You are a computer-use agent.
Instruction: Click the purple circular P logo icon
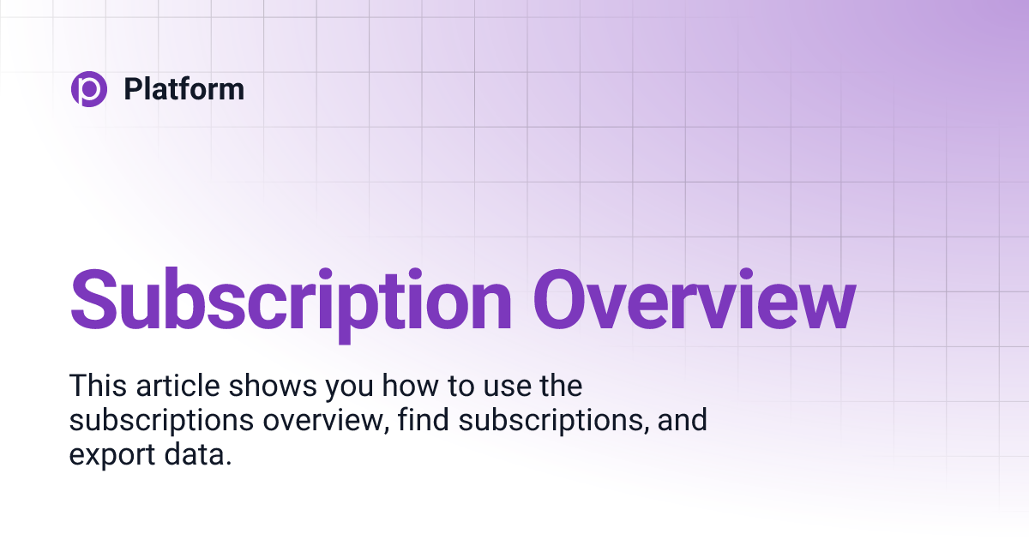(x=88, y=89)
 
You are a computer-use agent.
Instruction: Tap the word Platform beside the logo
(x=184, y=89)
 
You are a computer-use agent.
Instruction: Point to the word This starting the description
(x=99, y=386)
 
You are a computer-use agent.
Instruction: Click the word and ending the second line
(x=683, y=421)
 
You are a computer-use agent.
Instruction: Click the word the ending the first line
(x=561, y=386)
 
